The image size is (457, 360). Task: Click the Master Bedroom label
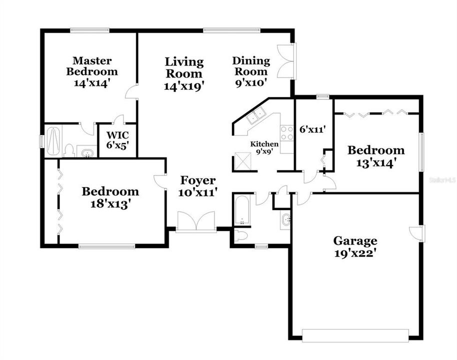[88, 71]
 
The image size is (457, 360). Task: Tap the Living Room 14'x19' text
[184, 73]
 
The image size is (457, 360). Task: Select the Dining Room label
[251, 71]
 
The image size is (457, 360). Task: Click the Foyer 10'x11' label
[198, 186]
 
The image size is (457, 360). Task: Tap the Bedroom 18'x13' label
[110, 197]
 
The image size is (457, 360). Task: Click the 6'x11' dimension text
[312, 129]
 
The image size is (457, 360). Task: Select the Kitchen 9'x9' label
[264, 147]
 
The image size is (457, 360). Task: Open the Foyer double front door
[196, 222]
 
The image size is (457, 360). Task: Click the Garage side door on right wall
[415, 232]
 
